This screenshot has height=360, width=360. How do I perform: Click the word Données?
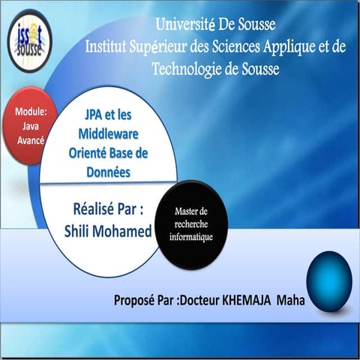107,172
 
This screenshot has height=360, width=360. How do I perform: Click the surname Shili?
81,229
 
